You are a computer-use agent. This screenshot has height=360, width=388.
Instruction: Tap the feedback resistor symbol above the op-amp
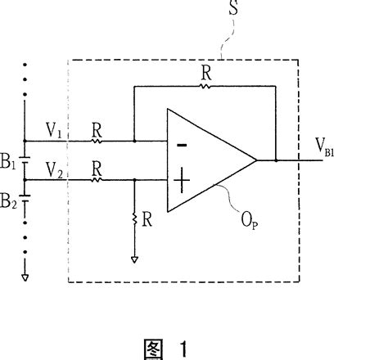tap(205, 84)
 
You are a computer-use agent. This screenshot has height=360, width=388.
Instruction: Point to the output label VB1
tap(328, 147)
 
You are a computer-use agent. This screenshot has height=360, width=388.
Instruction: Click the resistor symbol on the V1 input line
tap(97, 140)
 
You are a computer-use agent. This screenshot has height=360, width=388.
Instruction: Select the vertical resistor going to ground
tap(133, 219)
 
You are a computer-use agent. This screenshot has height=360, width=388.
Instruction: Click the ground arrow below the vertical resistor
tap(133, 261)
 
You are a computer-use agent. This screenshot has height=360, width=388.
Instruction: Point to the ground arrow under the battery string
tap(25, 277)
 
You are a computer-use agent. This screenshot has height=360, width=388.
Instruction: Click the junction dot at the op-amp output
tap(277, 160)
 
